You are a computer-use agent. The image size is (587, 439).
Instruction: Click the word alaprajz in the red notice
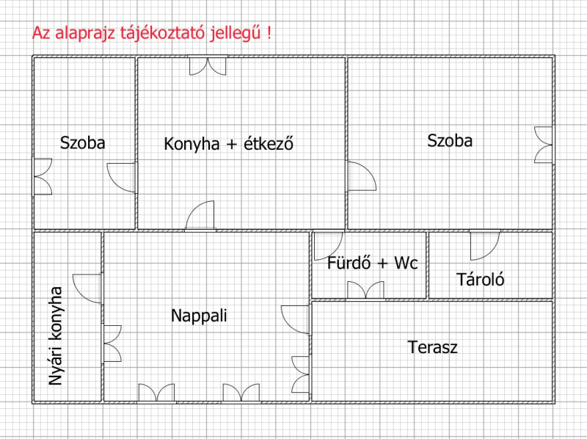click(x=87, y=33)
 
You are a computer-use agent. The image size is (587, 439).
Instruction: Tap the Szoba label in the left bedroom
click(x=82, y=143)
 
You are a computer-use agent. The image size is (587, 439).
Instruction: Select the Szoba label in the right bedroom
click(x=450, y=141)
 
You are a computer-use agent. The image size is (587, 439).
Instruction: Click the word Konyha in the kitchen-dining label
click(x=192, y=144)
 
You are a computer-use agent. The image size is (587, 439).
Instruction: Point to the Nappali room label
click(x=199, y=316)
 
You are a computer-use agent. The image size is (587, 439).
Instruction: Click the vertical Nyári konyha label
click(x=56, y=335)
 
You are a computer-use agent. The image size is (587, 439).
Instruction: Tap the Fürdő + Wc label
click(x=372, y=263)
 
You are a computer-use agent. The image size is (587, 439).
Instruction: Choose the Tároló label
click(x=481, y=280)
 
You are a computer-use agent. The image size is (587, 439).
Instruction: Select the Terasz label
click(x=432, y=347)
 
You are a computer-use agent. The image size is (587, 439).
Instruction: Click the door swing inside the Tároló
click(x=485, y=245)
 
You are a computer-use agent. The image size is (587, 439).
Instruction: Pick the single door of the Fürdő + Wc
click(x=328, y=246)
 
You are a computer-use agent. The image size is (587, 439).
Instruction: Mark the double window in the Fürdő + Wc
click(x=365, y=290)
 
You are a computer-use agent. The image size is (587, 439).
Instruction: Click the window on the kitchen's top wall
click(x=208, y=65)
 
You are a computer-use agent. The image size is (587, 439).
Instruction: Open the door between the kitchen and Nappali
click(x=200, y=215)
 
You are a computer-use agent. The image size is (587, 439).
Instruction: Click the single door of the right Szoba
click(x=362, y=176)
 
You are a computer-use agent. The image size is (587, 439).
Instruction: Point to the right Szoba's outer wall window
click(x=544, y=145)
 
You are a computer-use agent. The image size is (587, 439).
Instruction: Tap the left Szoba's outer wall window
click(x=43, y=176)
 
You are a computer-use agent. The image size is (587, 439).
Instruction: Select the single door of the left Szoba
click(x=121, y=178)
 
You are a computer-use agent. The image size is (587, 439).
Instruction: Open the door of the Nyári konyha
click(x=87, y=289)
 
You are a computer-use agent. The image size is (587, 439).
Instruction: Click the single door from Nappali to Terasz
click(x=296, y=320)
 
